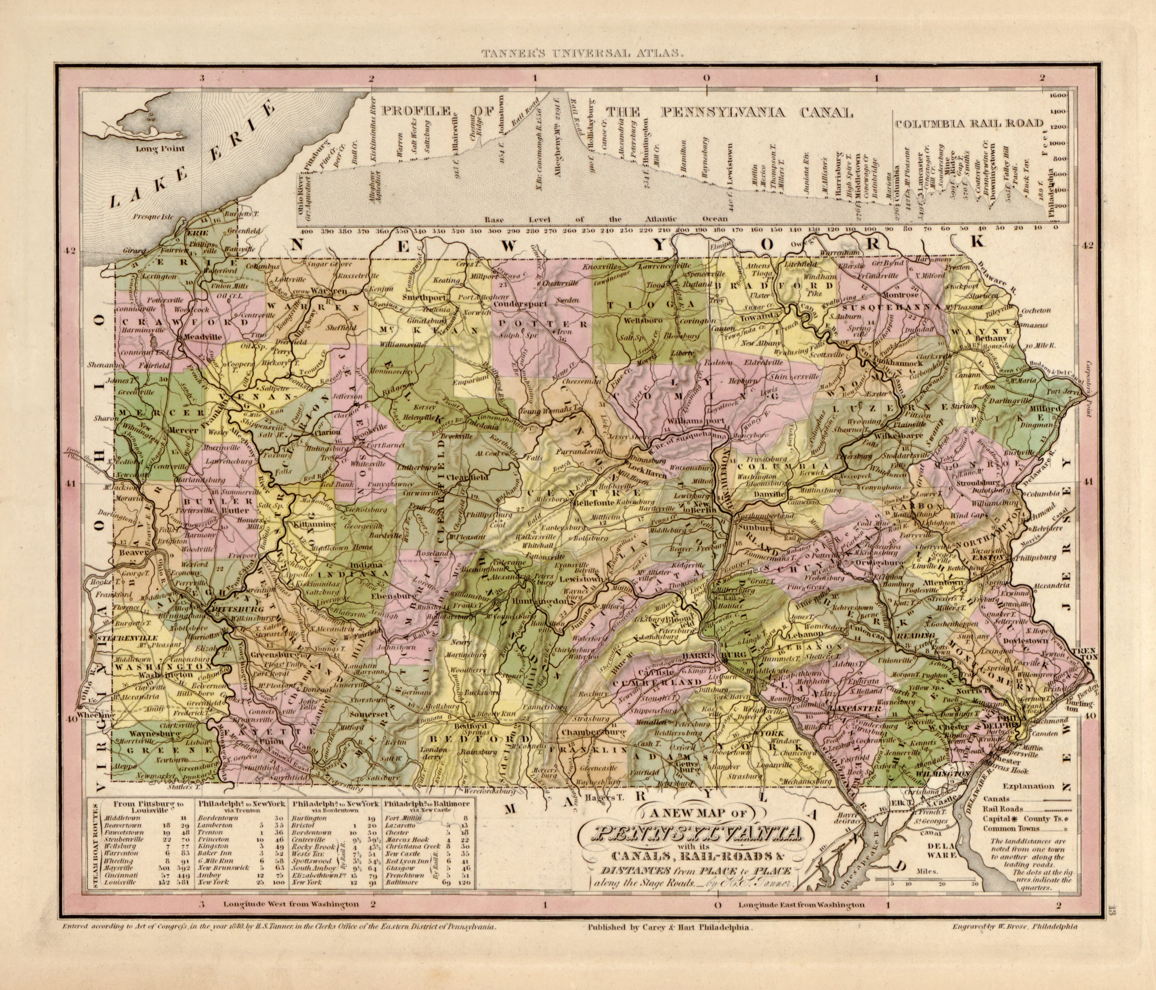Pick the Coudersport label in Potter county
523,304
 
